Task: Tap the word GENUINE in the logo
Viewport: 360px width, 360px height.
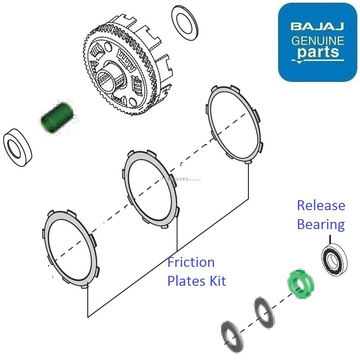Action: point(318,41)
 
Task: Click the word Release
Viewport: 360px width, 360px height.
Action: point(321,206)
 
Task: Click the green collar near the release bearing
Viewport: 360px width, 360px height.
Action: point(301,284)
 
